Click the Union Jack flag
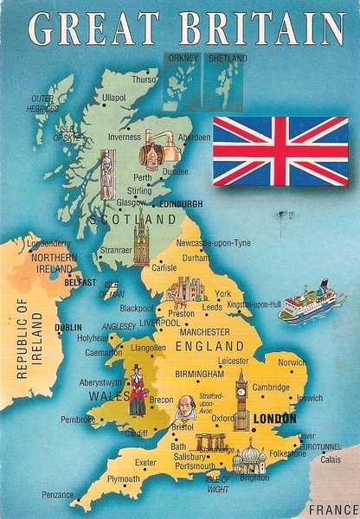(280, 151)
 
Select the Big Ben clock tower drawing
(242, 400)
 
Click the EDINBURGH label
(181, 203)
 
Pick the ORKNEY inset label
(184, 58)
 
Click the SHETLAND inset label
(228, 58)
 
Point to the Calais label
(331, 459)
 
